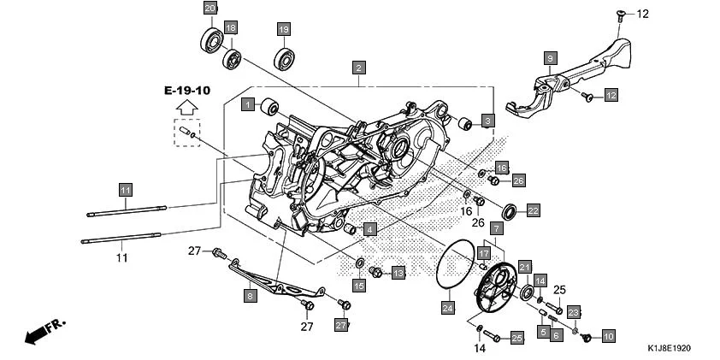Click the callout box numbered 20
(210, 9)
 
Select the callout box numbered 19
(282, 30)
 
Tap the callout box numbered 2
(359, 68)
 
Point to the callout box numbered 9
(551, 57)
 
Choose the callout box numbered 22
(532, 210)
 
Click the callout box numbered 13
(398, 273)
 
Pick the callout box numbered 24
(447, 306)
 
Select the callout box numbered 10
(608, 336)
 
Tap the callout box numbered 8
(250, 296)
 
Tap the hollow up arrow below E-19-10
(186, 108)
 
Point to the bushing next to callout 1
(270, 108)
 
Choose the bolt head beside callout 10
(587, 339)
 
